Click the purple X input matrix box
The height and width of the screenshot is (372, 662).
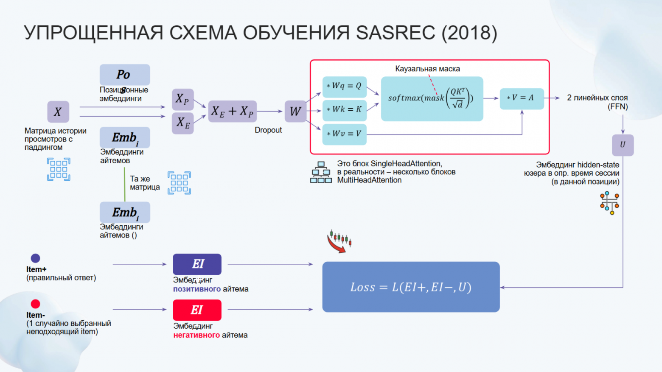pyautogui.click(x=58, y=112)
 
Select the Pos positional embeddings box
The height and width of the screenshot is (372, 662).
pyautogui.click(x=125, y=75)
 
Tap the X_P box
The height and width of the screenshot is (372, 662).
pyautogui.click(x=183, y=99)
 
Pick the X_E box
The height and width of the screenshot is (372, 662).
pyautogui.click(x=183, y=123)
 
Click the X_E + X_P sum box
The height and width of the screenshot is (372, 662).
pyautogui.click(x=233, y=111)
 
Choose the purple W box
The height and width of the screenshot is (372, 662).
pyautogui.click(x=295, y=111)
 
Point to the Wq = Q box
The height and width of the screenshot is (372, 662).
pyautogui.click(x=344, y=87)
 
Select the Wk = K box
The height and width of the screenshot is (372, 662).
pyautogui.click(x=344, y=110)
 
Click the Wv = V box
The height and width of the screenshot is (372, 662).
pyautogui.click(x=344, y=134)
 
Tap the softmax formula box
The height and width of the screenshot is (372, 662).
pyautogui.click(x=432, y=99)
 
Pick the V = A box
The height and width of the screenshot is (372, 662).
pyautogui.click(x=522, y=98)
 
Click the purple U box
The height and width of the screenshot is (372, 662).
pyautogui.click(x=623, y=145)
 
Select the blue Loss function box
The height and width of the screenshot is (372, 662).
pyautogui.click(x=411, y=287)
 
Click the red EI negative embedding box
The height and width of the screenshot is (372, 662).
pyautogui.click(x=197, y=310)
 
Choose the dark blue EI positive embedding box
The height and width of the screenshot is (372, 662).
pyautogui.click(x=197, y=264)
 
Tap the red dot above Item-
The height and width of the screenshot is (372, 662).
pyautogui.click(x=35, y=304)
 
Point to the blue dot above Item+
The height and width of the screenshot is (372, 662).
pyautogui.click(x=35, y=258)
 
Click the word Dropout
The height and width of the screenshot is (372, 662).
pyautogui.click(x=268, y=130)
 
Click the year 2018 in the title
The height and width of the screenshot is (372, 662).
pyautogui.click(x=469, y=33)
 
